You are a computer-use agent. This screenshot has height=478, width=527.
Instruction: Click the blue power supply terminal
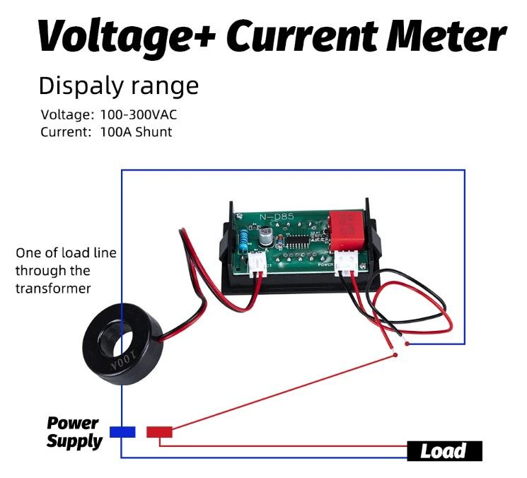(x=122, y=431)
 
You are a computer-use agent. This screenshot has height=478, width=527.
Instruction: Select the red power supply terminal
(x=159, y=431)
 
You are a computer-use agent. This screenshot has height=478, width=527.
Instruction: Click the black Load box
(x=444, y=450)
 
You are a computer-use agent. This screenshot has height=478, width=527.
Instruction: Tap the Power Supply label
(x=74, y=432)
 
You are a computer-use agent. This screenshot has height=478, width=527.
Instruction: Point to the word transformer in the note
(x=52, y=288)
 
